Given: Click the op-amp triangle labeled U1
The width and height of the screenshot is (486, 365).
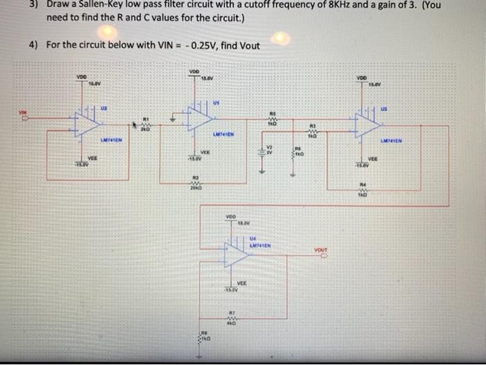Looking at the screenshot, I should (x=199, y=118).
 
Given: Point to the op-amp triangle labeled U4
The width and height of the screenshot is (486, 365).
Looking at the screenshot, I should (x=237, y=254).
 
